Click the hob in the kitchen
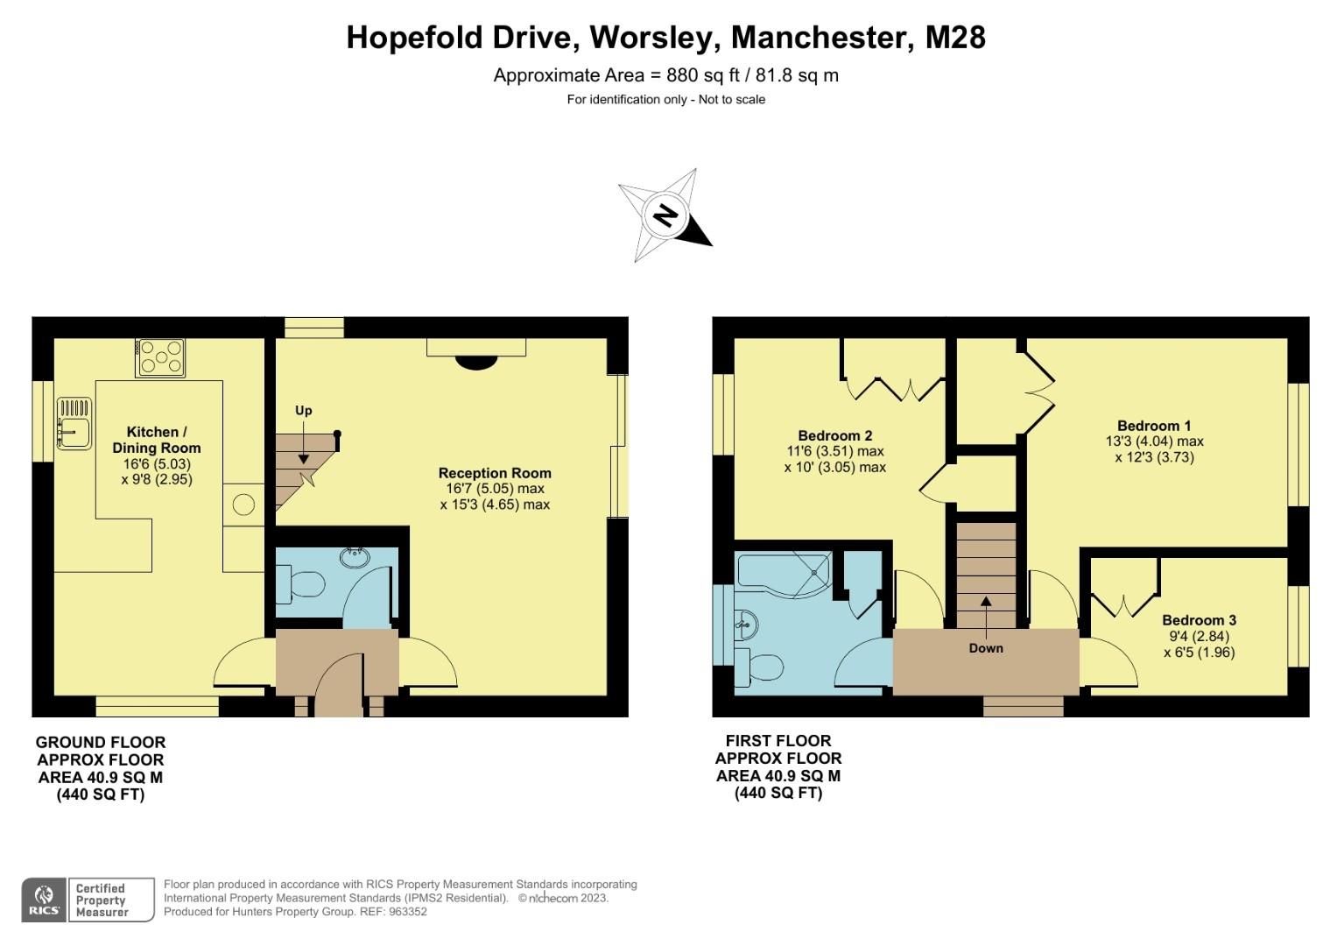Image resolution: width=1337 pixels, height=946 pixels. pyautogui.click(x=160, y=357)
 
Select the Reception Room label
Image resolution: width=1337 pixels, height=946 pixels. pyautogui.click(x=495, y=473)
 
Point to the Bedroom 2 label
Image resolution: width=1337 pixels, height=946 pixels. pyautogui.click(x=834, y=435)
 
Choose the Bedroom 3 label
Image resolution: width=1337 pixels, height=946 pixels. pyautogui.click(x=1199, y=620)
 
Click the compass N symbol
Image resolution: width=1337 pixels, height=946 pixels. pyautogui.click(x=666, y=215)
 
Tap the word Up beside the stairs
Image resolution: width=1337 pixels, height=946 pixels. pyautogui.click(x=304, y=410)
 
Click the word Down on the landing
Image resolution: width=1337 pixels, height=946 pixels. pyautogui.click(x=986, y=648)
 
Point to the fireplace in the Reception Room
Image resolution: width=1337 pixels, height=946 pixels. pyautogui.click(x=476, y=359)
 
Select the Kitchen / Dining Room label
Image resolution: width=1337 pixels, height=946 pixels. pyautogui.click(x=157, y=440)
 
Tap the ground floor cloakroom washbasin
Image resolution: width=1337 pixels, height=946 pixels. pyautogui.click(x=356, y=554)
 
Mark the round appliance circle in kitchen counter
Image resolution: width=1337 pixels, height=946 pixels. pyautogui.click(x=243, y=505)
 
